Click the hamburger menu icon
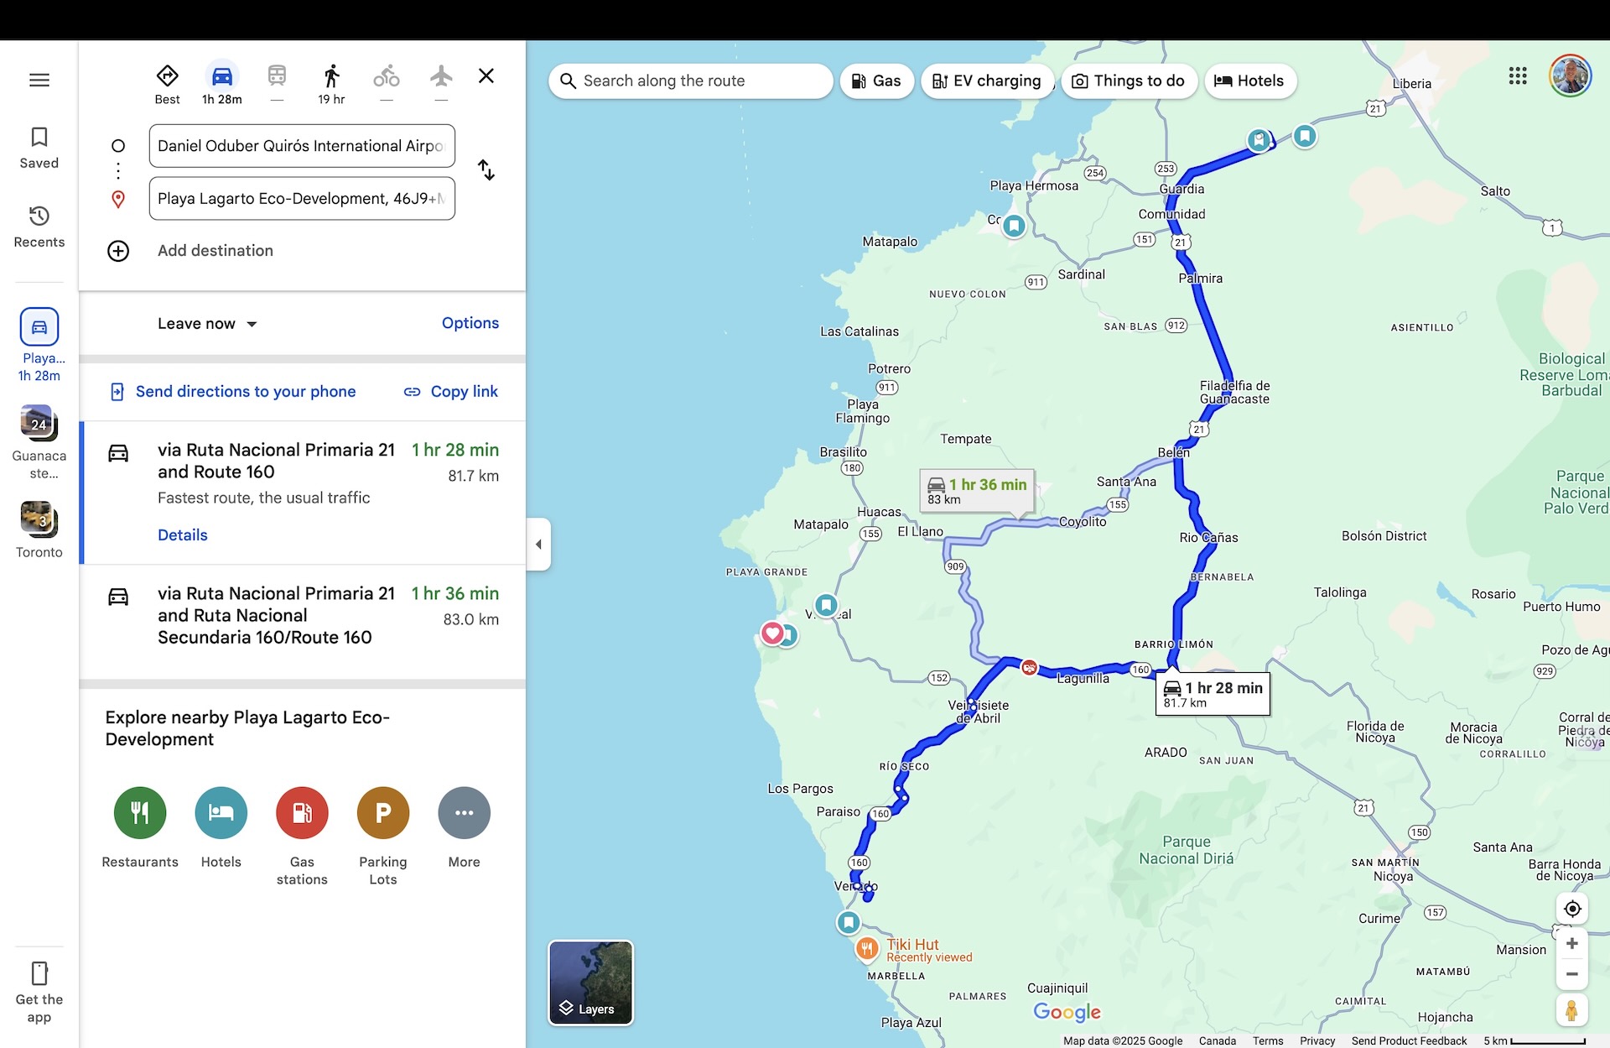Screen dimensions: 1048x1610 tap(39, 81)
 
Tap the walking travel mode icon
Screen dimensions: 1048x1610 tap(331, 77)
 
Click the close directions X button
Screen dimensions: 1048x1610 tap(486, 76)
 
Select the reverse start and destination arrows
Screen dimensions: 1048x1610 tap(486, 170)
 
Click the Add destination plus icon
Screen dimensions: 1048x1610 tap(118, 251)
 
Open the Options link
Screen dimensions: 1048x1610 tap(470, 323)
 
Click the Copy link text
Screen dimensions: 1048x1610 tap(464, 392)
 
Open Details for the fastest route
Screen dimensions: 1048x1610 tap(182, 535)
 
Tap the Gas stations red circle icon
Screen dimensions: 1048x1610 tap(302, 812)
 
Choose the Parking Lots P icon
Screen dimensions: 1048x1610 tap(383, 812)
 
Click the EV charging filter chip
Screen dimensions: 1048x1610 tap(987, 81)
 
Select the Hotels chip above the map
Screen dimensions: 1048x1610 tap(1250, 81)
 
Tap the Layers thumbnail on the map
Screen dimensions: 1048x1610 tap(590, 983)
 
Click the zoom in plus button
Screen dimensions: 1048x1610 tap(1572, 944)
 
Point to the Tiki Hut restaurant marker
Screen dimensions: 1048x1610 tap(866, 949)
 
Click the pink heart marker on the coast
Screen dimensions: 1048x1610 tap(771, 633)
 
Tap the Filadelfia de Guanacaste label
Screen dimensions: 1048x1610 tap(1234, 392)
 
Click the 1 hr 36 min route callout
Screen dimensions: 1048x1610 tap(977, 491)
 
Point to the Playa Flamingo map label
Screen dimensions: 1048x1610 tap(862, 411)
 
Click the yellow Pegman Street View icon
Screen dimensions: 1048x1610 tap(1571, 1010)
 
